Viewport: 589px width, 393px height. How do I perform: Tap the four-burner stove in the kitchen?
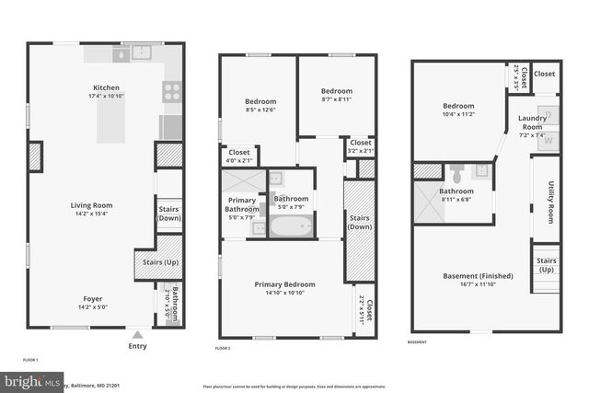171,91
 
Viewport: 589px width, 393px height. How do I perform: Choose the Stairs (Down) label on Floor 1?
168,214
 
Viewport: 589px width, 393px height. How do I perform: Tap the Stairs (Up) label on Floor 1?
153,261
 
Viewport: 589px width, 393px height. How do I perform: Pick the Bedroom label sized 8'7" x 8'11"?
336,91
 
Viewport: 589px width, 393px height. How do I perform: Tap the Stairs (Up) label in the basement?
546,264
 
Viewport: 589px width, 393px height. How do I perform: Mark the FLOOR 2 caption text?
223,349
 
